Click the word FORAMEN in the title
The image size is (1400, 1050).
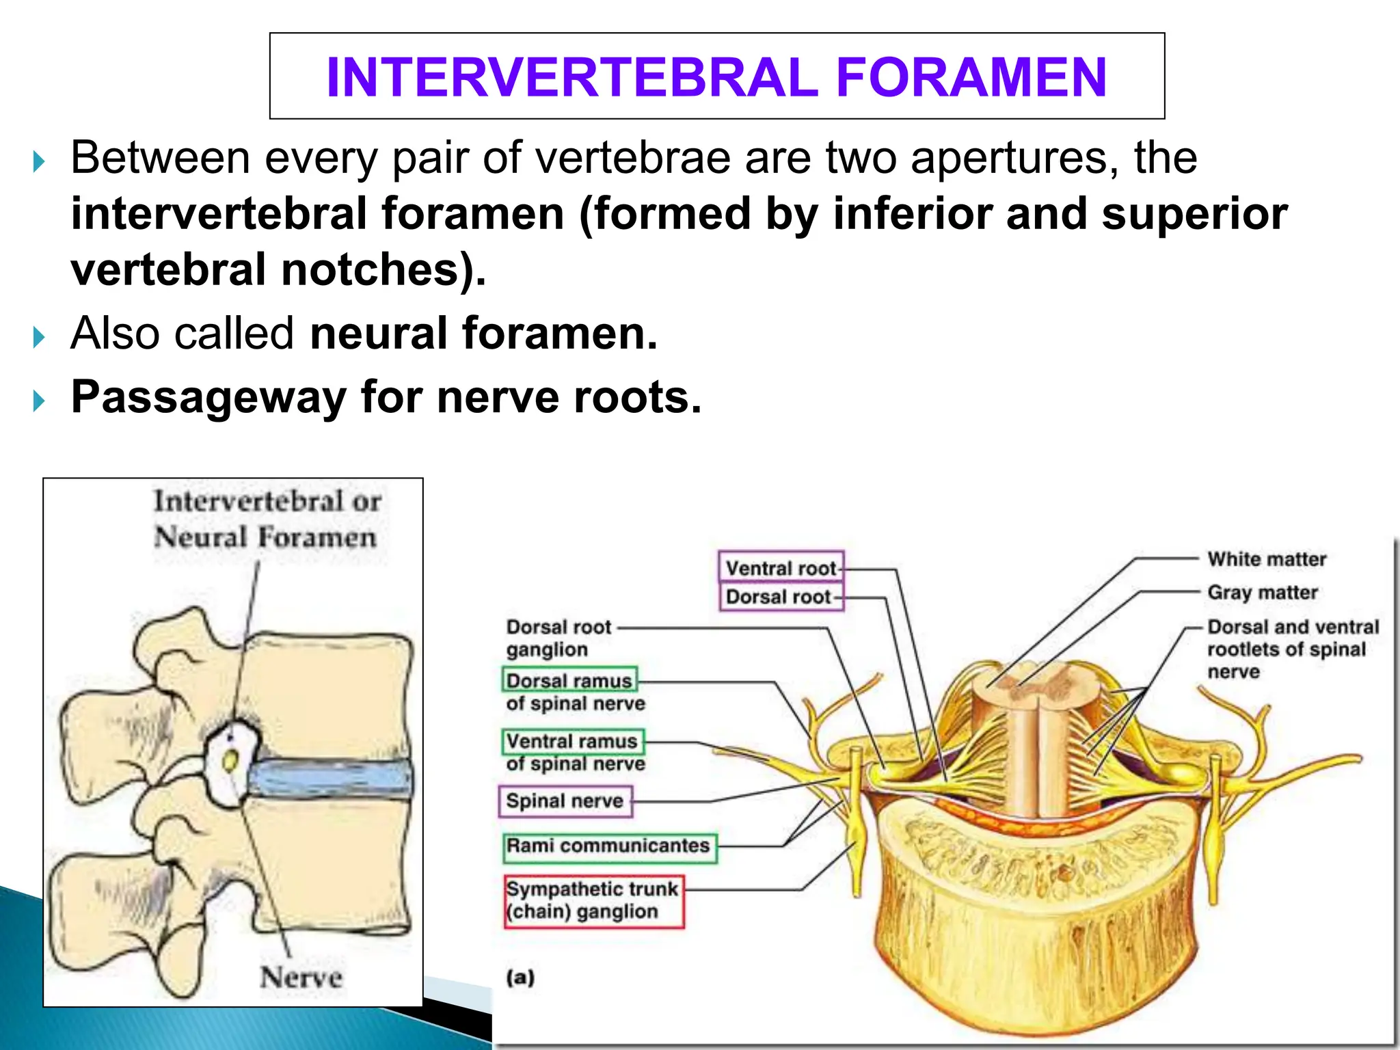click(971, 77)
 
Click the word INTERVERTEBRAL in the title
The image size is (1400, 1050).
click(573, 77)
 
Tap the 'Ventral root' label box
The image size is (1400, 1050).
click(781, 567)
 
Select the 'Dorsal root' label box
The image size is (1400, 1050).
click(781, 597)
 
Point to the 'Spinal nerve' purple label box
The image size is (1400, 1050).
click(565, 800)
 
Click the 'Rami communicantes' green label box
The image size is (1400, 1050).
click(609, 846)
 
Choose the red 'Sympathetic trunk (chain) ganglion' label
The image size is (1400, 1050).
click(593, 900)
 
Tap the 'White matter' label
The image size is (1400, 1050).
click(1266, 559)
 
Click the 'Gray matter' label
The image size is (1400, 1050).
click(1262, 592)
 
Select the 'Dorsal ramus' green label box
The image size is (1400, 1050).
click(569, 681)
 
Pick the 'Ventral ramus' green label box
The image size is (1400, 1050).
click(573, 741)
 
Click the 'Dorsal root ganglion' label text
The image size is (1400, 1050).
click(558, 638)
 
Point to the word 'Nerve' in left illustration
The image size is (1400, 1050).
click(301, 977)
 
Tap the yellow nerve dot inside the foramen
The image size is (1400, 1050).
click(230, 760)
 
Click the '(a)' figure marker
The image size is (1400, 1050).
click(520, 977)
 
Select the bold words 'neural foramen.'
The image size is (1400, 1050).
click(483, 334)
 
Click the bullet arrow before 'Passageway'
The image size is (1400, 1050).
click(39, 399)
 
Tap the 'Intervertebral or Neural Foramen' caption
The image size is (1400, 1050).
click(267, 519)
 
